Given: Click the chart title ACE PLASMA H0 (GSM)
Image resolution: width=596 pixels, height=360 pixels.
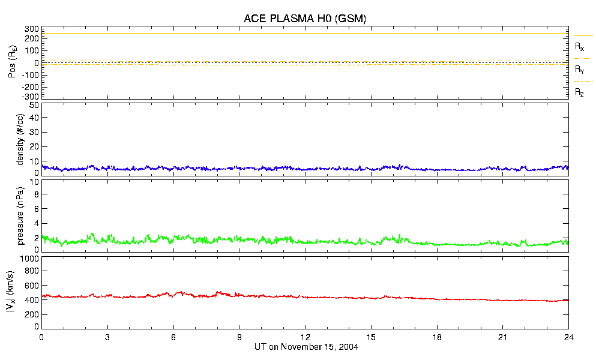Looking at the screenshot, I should [x=305, y=19].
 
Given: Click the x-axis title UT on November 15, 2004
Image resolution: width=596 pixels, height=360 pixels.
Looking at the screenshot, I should [x=305, y=347].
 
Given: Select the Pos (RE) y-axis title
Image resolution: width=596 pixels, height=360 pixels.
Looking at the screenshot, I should [x=12, y=63].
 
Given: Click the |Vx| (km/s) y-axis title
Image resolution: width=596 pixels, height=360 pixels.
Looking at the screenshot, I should [x=12, y=292].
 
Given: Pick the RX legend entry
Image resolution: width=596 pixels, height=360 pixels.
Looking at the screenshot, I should [x=580, y=46].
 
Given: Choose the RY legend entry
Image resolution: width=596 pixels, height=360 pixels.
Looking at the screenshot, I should [x=580, y=70].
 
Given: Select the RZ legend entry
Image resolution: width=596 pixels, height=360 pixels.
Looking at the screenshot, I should [x=580, y=92].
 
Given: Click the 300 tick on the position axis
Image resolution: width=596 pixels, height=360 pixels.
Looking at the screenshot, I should [x=32, y=29].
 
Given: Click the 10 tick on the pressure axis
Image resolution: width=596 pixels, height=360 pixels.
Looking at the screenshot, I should [x=34, y=194].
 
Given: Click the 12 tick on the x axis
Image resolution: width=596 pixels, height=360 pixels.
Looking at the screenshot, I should [x=305, y=337].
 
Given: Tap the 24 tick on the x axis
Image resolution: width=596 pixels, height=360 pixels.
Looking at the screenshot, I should [x=568, y=337].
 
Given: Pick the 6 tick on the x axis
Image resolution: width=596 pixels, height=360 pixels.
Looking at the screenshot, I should [x=173, y=337].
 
